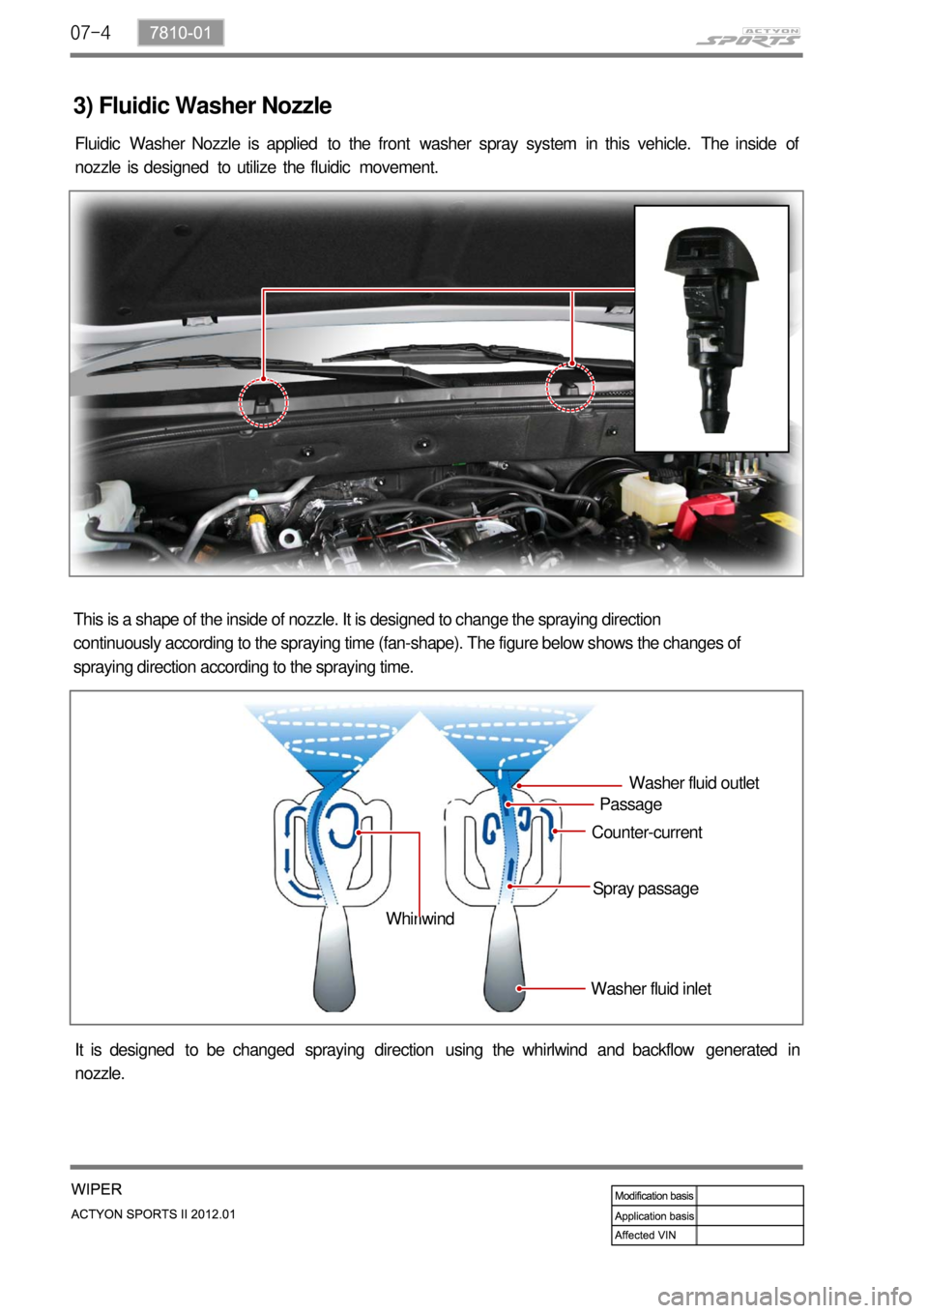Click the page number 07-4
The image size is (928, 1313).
(91, 33)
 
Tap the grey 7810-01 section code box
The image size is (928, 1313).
(181, 33)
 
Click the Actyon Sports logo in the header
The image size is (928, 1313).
(748, 37)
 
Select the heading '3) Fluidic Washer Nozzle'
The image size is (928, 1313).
(203, 105)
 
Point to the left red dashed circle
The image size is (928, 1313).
(263, 401)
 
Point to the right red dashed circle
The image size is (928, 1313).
(570, 388)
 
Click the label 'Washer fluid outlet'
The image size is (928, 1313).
(693, 783)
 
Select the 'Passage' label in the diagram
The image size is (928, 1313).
(630, 804)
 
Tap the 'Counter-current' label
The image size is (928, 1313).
(647, 832)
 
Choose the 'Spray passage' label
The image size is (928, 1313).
(645, 889)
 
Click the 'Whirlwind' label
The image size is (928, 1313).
(420, 919)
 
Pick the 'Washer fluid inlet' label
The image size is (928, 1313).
(651, 989)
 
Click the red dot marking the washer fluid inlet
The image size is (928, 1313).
(520, 989)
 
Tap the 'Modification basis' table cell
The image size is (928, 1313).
(654, 1196)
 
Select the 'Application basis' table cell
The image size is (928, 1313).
(654, 1216)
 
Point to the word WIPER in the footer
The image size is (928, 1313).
(97, 1189)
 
